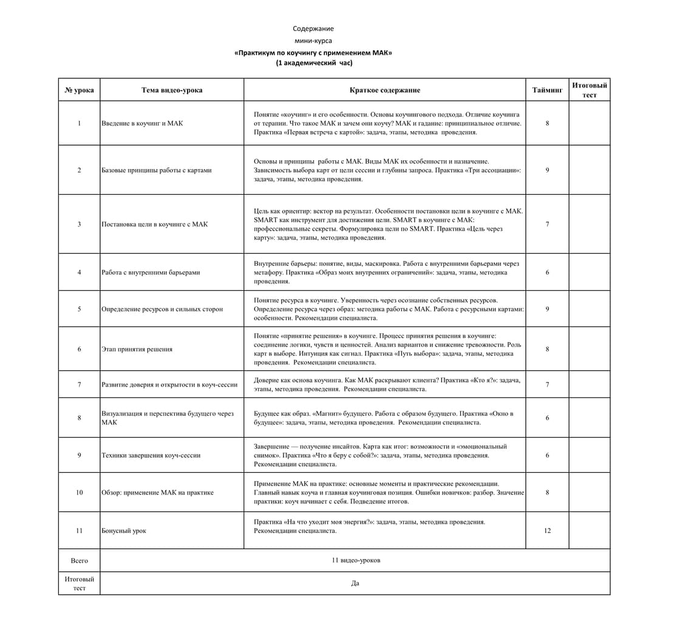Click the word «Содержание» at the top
click(x=313, y=29)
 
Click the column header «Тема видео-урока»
click(x=172, y=90)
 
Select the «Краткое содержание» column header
click(x=384, y=90)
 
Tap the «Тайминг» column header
click(x=547, y=90)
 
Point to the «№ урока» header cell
click(x=79, y=90)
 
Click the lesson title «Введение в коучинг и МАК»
click(x=142, y=123)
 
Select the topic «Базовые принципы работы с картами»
click(x=157, y=170)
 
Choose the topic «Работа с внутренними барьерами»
click(x=151, y=272)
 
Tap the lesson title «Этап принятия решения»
click(x=137, y=349)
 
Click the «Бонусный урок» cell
click(x=124, y=530)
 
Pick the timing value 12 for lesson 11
click(x=547, y=530)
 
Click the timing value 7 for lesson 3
click(x=547, y=224)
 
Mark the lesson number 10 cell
click(x=79, y=492)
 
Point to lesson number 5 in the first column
click(x=79, y=309)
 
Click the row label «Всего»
click(x=79, y=561)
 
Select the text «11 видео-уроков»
click(x=356, y=560)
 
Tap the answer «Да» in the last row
click(x=355, y=583)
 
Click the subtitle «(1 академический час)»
click(x=313, y=63)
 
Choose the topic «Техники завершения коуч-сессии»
click(x=151, y=455)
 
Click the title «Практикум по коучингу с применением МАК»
click(x=313, y=52)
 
